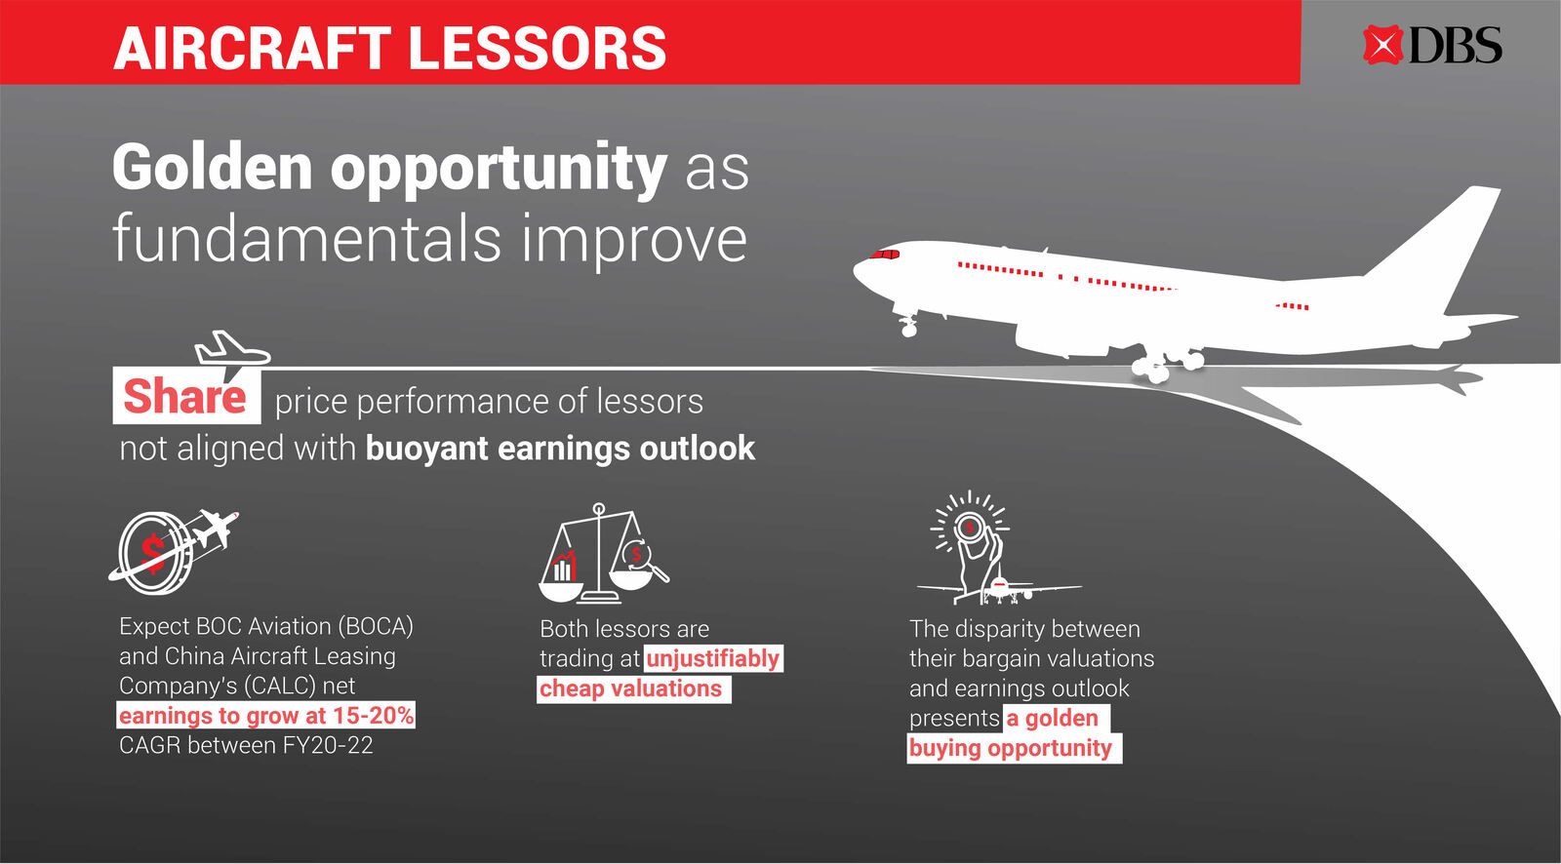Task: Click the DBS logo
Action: tap(1432, 45)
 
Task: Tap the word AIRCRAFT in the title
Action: tap(253, 48)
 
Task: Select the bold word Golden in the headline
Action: tap(213, 167)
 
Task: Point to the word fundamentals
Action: tap(306, 238)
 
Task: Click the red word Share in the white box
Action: tap(184, 397)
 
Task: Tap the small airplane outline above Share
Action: tap(232, 348)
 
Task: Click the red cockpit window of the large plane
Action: tap(884, 255)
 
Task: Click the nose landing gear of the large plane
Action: tap(907, 323)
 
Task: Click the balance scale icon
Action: tap(604, 553)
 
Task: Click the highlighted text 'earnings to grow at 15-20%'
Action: tap(266, 716)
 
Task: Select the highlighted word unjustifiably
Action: tap(713, 658)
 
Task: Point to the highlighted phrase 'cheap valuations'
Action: tap(631, 688)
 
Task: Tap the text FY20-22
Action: tap(328, 746)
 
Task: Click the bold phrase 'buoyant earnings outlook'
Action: tap(560, 448)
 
